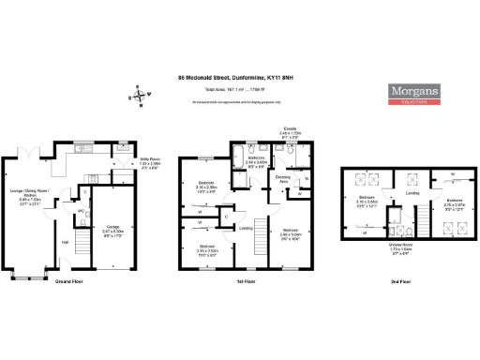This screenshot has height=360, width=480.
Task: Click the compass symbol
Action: (x=140, y=94)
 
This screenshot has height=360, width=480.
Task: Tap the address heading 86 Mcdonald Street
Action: (x=239, y=78)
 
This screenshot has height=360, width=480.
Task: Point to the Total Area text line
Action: (x=239, y=90)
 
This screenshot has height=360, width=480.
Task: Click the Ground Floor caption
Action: (x=71, y=281)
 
